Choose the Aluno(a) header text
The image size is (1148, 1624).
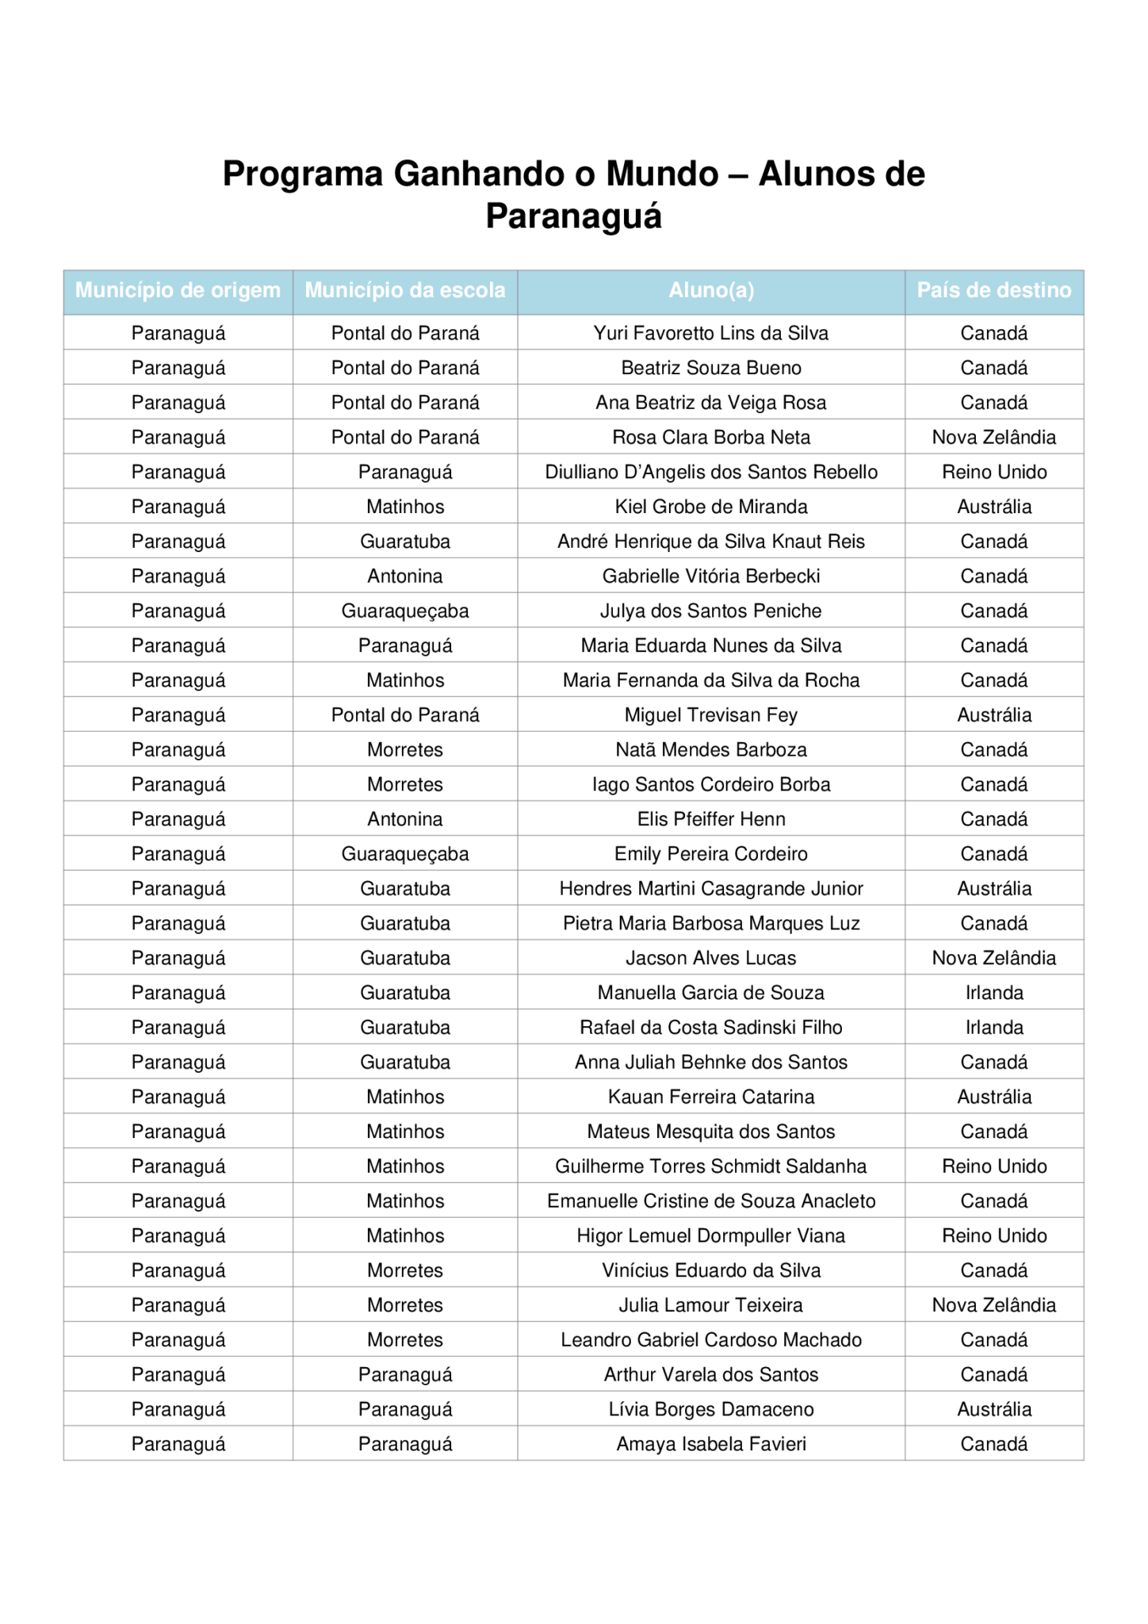(x=711, y=291)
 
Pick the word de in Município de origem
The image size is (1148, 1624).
(x=192, y=291)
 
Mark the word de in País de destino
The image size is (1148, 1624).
(x=976, y=291)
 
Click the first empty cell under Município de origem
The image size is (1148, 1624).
(x=178, y=332)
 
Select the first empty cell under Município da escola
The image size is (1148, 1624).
(x=405, y=332)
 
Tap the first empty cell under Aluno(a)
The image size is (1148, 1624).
(x=711, y=332)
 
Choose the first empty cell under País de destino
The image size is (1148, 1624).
(x=994, y=332)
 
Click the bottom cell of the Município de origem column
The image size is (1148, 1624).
(x=178, y=1442)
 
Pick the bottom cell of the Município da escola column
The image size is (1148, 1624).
(x=405, y=1442)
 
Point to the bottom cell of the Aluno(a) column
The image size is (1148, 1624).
(x=711, y=1442)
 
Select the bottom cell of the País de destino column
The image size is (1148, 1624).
(x=994, y=1442)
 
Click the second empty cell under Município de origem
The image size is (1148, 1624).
(x=178, y=367)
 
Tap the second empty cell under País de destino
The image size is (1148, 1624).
(x=994, y=367)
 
